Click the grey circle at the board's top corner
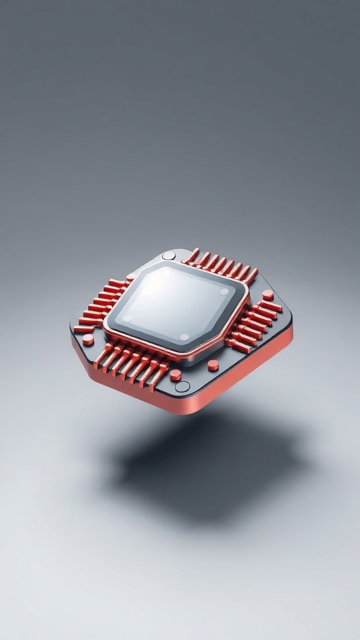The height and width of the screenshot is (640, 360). (x=169, y=255)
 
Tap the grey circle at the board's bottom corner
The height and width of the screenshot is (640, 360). (x=182, y=386)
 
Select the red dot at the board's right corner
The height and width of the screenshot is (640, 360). (x=268, y=294)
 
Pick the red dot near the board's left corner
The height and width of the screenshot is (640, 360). (x=88, y=339)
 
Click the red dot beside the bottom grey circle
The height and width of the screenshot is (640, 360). (x=176, y=374)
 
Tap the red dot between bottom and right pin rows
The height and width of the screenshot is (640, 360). (x=213, y=365)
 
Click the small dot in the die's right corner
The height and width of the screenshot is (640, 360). (x=224, y=291)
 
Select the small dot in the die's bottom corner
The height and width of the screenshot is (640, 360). (x=184, y=337)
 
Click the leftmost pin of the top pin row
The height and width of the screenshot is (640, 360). (x=192, y=256)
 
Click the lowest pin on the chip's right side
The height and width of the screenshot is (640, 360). (x=237, y=347)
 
